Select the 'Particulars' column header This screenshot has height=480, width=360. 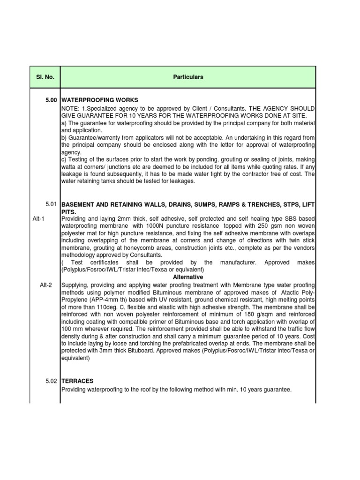[x=188, y=77]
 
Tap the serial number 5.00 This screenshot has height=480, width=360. [x=51, y=100]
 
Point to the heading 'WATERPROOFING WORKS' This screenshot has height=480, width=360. [x=100, y=100]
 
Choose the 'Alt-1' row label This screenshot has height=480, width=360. [x=38, y=219]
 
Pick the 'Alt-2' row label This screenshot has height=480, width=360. [x=47, y=285]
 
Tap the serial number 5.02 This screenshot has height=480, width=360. [x=51, y=381]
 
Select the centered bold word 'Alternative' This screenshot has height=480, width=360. [x=188, y=277]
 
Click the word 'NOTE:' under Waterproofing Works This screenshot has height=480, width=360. [x=70, y=108]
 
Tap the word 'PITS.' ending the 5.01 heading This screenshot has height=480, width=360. [x=69, y=211]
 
